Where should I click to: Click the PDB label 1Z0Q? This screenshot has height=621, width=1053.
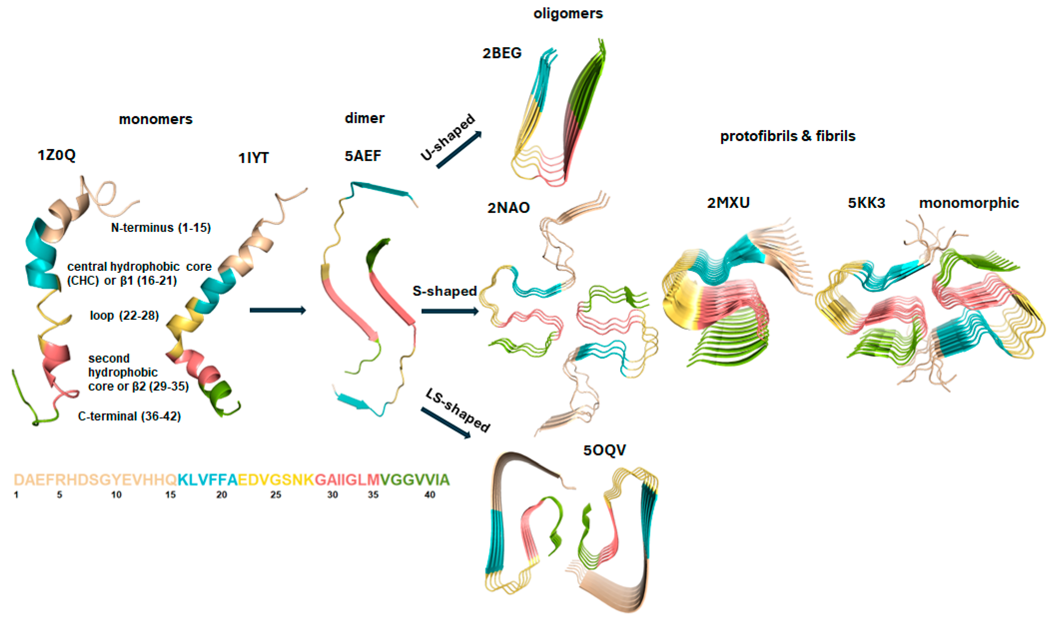click(x=56, y=155)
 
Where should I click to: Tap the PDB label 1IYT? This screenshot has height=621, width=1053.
click(x=253, y=158)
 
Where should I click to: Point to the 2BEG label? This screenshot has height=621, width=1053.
click(x=502, y=53)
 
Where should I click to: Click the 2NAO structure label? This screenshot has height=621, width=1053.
click(x=508, y=208)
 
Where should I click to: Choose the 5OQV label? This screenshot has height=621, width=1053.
click(x=605, y=450)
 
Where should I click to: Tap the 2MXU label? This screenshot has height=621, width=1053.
click(x=728, y=203)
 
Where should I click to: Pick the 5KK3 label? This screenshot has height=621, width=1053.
click(x=866, y=203)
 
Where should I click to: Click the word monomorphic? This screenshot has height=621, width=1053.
click(x=968, y=203)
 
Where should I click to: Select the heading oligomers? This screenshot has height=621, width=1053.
click(x=568, y=14)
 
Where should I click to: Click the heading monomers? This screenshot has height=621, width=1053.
click(x=155, y=119)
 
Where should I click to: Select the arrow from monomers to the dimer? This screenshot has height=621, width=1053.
click(x=277, y=310)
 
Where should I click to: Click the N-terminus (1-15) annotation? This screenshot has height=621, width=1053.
click(x=161, y=228)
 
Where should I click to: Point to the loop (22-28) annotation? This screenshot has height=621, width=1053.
click(x=124, y=315)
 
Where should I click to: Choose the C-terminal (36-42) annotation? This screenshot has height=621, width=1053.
click(x=129, y=416)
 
